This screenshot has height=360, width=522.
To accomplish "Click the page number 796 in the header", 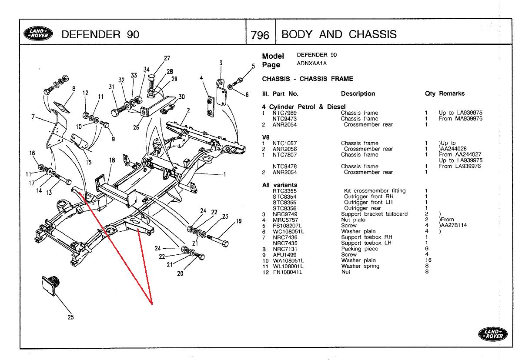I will [260, 35].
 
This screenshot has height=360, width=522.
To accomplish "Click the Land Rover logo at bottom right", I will [493, 334].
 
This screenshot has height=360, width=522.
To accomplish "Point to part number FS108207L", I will [287, 226].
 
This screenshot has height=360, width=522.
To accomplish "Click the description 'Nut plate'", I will [353, 220].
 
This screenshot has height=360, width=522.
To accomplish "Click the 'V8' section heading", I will [266, 137].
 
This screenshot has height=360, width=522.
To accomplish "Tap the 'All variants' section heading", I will [280, 185].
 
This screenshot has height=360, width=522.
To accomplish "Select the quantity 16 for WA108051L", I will [428, 260].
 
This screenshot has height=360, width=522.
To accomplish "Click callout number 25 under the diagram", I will [70, 317].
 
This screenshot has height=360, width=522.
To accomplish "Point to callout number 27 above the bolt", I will [167, 58].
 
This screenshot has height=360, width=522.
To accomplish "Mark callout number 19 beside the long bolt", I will [238, 221].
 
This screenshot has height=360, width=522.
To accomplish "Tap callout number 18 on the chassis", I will [112, 160].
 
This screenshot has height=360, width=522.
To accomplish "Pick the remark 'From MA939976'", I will [461, 119].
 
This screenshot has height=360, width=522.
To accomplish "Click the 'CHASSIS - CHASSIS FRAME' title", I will [308, 79].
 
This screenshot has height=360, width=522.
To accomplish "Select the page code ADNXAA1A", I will [311, 63].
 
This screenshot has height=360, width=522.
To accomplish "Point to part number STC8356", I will [284, 208].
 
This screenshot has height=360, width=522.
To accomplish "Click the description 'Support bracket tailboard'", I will [374, 214].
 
